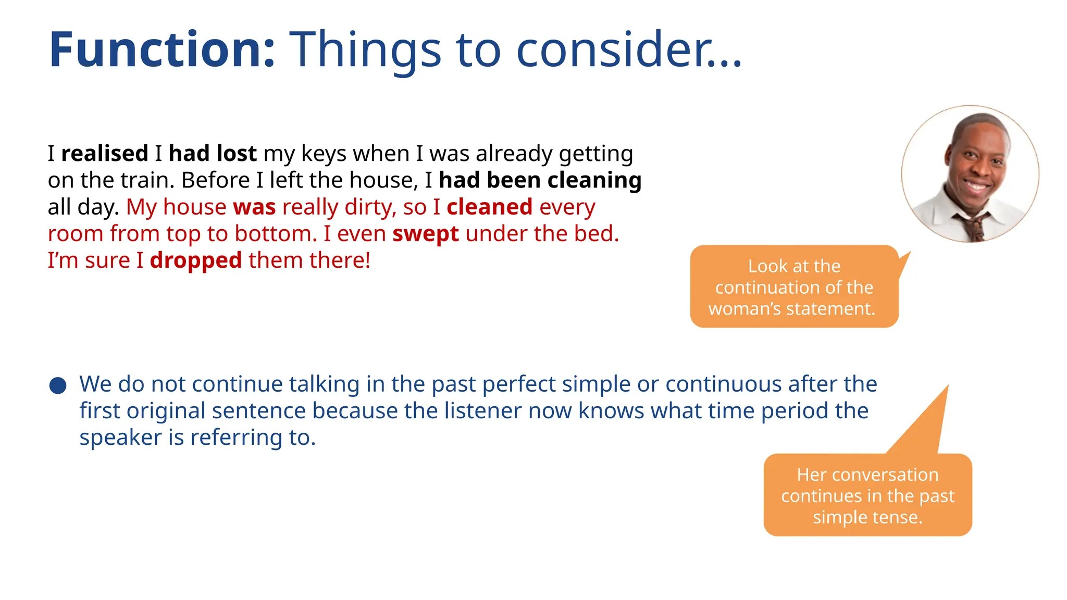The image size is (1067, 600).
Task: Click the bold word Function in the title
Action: click(162, 50)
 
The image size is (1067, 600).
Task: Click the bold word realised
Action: click(105, 154)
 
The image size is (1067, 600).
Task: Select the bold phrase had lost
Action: click(213, 154)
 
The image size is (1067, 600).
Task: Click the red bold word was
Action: click(254, 207)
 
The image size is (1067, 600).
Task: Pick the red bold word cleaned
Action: click(489, 207)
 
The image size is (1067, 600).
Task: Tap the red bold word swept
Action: click(426, 234)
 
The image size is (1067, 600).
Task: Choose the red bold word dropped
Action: click(196, 260)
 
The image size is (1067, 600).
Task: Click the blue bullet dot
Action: click(58, 386)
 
